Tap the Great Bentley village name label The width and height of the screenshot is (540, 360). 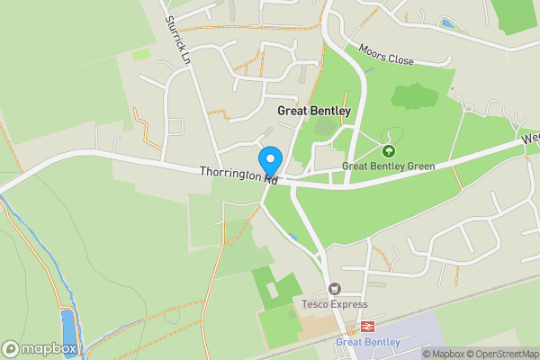click(313, 111)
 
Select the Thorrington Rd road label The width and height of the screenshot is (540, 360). click(238, 174)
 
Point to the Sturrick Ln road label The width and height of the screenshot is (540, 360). click(178, 41)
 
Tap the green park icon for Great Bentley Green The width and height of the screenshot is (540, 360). click(389, 151)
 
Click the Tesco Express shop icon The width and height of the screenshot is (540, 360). click(335, 289)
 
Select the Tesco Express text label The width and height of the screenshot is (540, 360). click(335, 304)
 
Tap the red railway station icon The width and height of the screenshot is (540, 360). click(366, 327)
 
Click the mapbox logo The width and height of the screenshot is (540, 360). click(40, 348)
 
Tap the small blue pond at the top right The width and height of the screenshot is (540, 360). click(447, 23)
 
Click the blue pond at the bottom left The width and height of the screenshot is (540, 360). click(68, 328)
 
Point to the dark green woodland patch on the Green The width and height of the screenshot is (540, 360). click(414, 95)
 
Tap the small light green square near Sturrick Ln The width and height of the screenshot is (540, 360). click(141, 55)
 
